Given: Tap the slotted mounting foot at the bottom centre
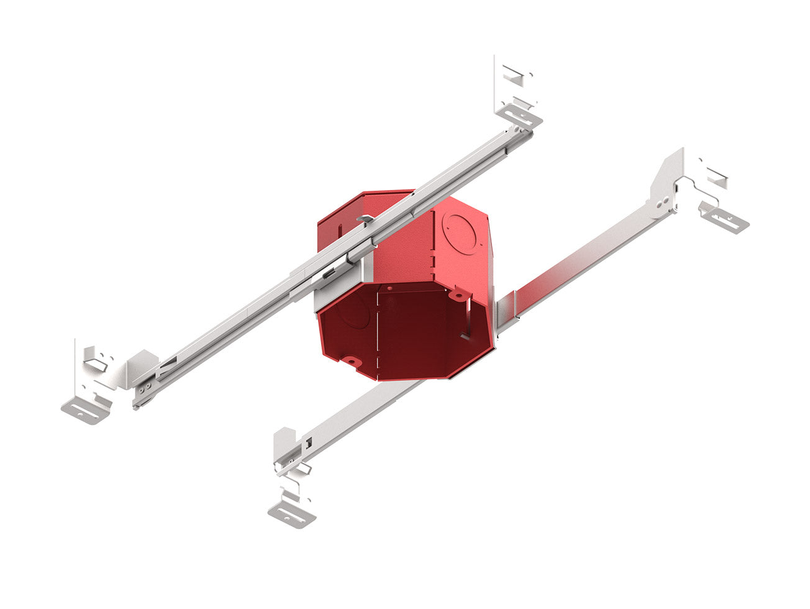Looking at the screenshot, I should [x=291, y=514].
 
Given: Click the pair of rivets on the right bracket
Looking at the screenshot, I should [x=662, y=202].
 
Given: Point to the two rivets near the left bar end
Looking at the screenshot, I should [x=145, y=388].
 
